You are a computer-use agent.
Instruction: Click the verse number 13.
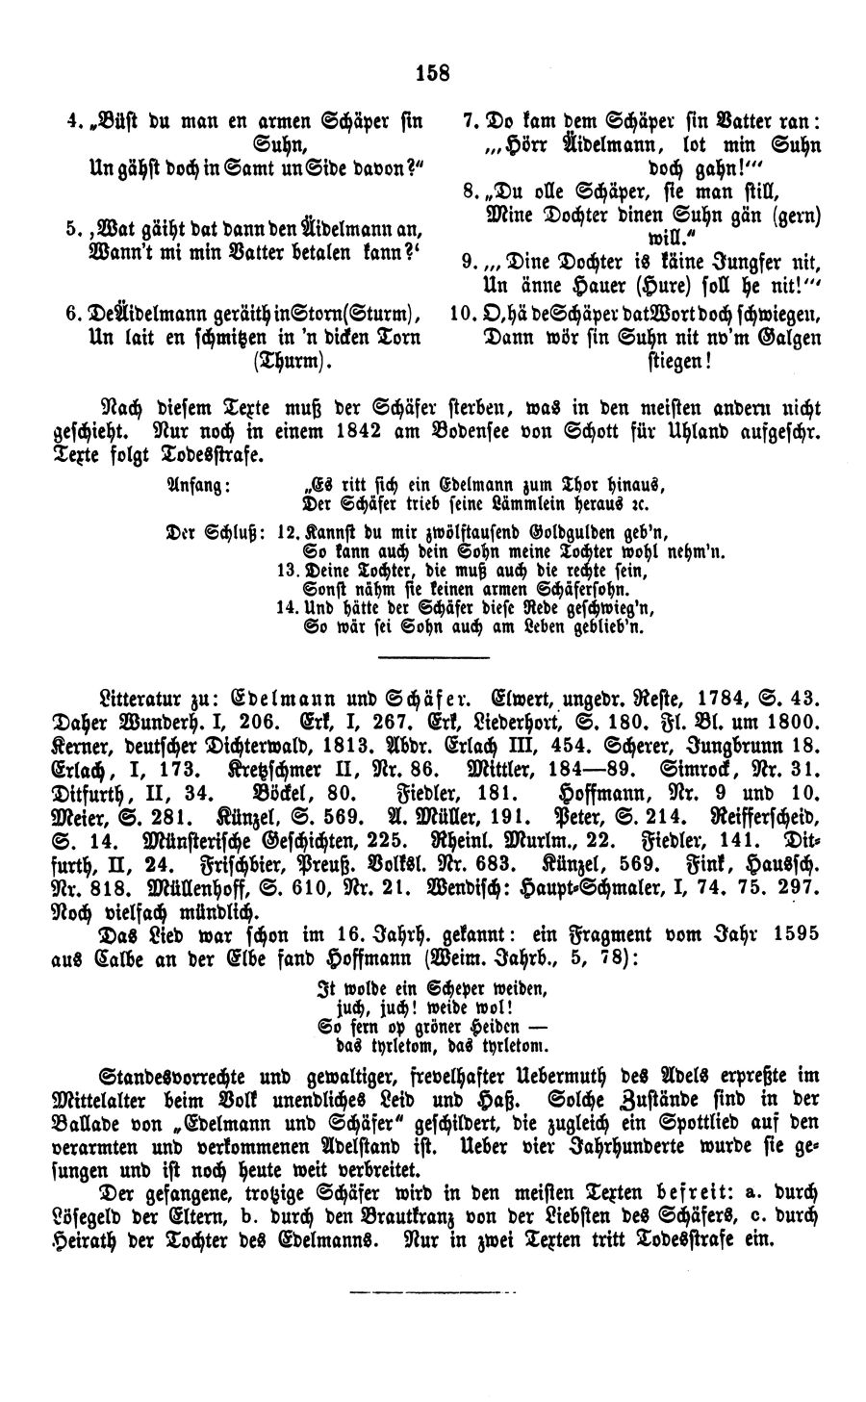pyautogui.click(x=286, y=570)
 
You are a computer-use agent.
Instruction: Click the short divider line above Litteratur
pyautogui.click(x=420, y=658)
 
